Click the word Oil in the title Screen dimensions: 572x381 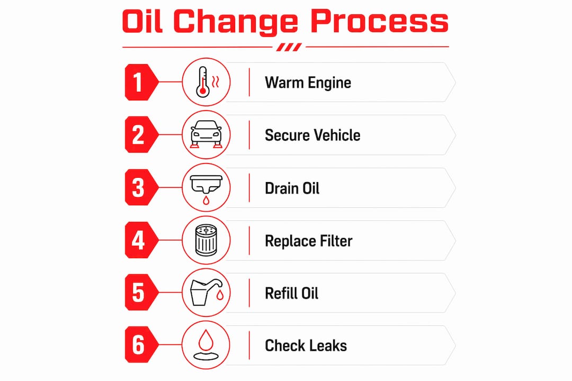coord(142,21)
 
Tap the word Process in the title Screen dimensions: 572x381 coord(379,21)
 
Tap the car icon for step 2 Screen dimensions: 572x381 coord(206,134)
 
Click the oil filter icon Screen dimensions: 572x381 coord(206,240)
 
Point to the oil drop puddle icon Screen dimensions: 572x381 coord(205,345)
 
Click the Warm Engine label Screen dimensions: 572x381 coord(308,83)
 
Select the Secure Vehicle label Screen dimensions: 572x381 coord(312,135)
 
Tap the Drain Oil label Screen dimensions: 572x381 coord(292,188)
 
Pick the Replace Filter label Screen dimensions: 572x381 coord(309,241)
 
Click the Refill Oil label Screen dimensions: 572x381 coord(291,294)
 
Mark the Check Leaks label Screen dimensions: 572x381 coord(306,346)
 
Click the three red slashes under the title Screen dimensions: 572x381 coord(289,47)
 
